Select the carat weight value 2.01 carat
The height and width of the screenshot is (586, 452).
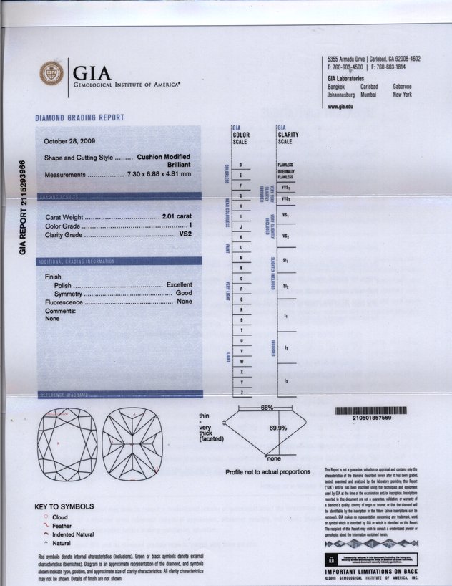point(177,216)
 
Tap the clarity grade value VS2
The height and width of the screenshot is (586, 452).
point(184,234)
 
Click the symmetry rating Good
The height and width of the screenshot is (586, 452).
point(184,294)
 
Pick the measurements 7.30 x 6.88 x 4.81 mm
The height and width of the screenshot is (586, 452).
point(159,174)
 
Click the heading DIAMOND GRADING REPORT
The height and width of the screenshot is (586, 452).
point(79,117)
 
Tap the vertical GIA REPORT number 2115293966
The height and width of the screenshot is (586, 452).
point(24,206)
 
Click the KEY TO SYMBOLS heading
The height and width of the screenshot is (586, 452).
point(64,506)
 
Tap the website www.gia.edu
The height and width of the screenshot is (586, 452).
point(340,107)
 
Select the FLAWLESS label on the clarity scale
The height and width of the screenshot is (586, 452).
point(285,165)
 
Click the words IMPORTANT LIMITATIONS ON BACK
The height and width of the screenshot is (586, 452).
point(371,571)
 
